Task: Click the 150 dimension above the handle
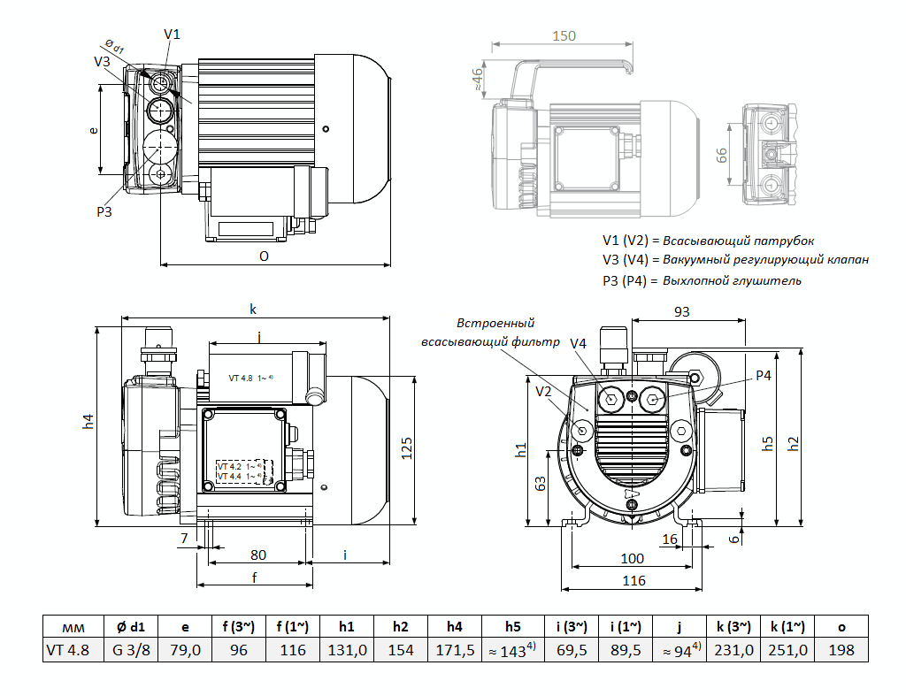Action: pyautogui.click(x=563, y=36)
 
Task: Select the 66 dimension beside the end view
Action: pyautogui.click(x=721, y=155)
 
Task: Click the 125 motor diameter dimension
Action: pyautogui.click(x=407, y=449)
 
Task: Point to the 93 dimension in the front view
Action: pyautogui.click(x=681, y=311)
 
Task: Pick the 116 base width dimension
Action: pyautogui.click(x=633, y=581)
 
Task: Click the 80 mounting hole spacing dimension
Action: pyautogui.click(x=257, y=555)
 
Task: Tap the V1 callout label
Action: pyautogui.click(x=173, y=34)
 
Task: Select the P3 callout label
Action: pyautogui.click(x=104, y=211)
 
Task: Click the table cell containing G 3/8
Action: pyautogui.click(x=131, y=650)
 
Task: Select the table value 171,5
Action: pyautogui.click(x=455, y=650)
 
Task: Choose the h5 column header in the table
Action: pyautogui.click(x=512, y=626)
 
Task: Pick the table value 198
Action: pyautogui.click(x=841, y=650)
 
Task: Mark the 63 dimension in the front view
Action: pyautogui.click(x=541, y=484)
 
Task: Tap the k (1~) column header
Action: pyautogui.click(x=787, y=626)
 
